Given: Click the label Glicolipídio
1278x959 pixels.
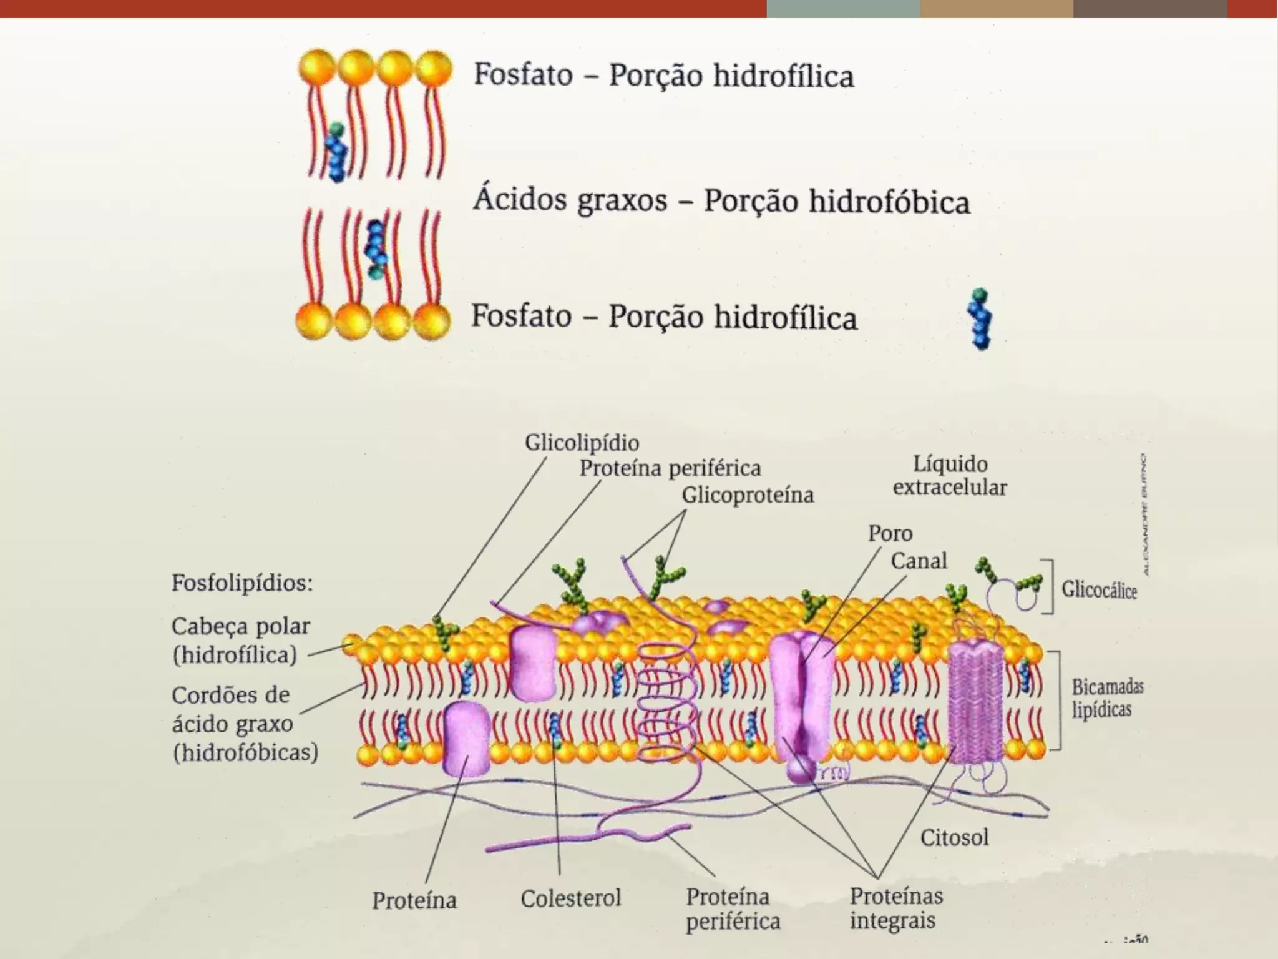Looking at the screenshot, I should (x=582, y=443).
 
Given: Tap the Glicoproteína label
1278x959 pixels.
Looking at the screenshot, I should (x=748, y=495).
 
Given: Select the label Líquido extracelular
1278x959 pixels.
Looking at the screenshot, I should (x=950, y=476).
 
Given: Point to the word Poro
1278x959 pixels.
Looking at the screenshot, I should (x=890, y=534).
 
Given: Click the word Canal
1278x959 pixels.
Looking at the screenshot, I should (x=919, y=561).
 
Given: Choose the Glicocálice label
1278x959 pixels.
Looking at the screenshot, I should (x=1099, y=589).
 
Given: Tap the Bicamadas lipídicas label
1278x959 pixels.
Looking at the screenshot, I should (x=1107, y=698).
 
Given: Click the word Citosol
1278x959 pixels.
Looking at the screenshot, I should (x=954, y=837).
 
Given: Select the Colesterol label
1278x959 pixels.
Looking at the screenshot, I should (x=570, y=898).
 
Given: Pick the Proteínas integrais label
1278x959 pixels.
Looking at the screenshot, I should (x=895, y=908).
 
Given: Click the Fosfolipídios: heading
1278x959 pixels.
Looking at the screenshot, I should (x=242, y=583).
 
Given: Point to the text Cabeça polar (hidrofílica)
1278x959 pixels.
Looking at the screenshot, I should (x=240, y=641).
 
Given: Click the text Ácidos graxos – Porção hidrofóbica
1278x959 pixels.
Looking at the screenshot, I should (x=721, y=201).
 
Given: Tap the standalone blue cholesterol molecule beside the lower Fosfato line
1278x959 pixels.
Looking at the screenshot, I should (x=980, y=318).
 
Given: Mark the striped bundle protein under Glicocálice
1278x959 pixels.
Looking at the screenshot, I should (x=975, y=702).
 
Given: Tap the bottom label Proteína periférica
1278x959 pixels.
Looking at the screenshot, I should (x=733, y=909).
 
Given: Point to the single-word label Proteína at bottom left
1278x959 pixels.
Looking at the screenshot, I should (x=414, y=900).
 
